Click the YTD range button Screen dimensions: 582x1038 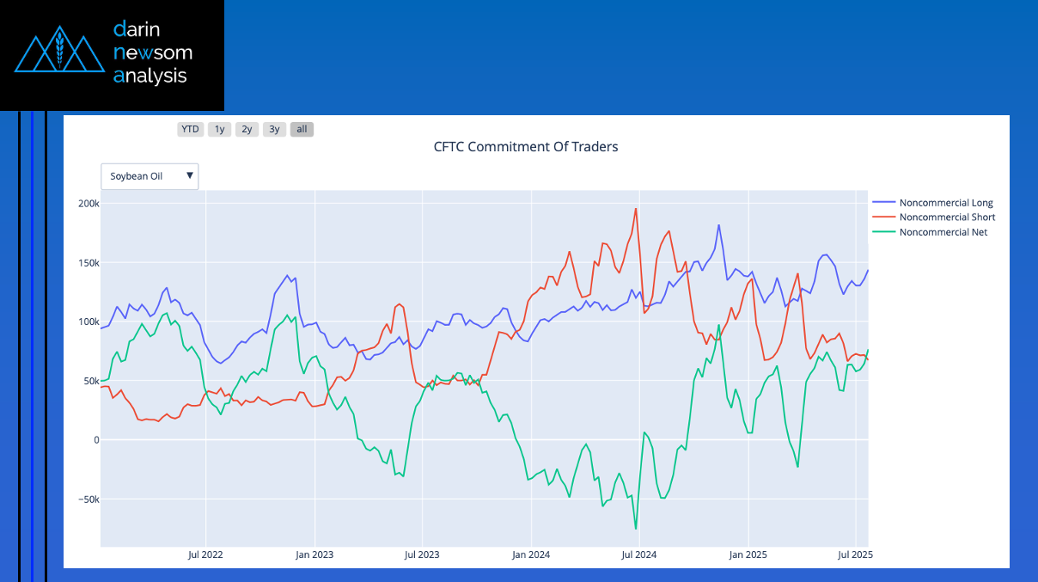(190, 130)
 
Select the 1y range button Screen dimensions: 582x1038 (219, 130)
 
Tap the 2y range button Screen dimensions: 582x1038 (247, 130)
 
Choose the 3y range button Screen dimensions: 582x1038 (274, 130)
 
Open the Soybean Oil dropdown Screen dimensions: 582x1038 (150, 176)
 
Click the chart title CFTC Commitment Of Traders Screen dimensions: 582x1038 (526, 147)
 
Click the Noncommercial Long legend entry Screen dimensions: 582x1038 (945, 203)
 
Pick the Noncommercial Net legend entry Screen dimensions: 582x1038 (943, 232)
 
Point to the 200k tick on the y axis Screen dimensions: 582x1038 (89, 204)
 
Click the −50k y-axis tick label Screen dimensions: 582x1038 (86, 499)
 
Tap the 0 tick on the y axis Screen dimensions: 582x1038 (96, 440)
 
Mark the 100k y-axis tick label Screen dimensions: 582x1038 (89, 322)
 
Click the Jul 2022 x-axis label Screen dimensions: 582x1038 (205, 554)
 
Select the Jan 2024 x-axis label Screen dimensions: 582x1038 (531, 554)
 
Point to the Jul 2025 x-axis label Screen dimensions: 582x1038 (855, 554)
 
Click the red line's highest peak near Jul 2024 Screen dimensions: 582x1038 (636, 208)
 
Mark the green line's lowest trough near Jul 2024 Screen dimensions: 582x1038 (636, 529)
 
